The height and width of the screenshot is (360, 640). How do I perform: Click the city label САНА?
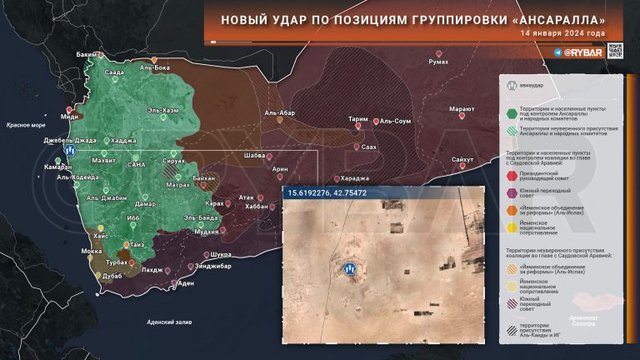tap(137, 165)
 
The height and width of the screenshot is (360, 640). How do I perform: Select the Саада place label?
tap(114, 72)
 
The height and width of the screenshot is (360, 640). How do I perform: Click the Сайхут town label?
tap(462, 158)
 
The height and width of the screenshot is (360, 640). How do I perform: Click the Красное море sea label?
tap(25, 124)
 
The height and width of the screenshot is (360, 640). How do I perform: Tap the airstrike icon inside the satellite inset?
tap(350, 268)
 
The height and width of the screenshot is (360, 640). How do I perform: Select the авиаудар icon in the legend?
tap(510, 83)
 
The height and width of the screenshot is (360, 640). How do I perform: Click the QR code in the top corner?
tap(615, 51)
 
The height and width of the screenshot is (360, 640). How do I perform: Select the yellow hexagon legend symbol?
tap(509, 225)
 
